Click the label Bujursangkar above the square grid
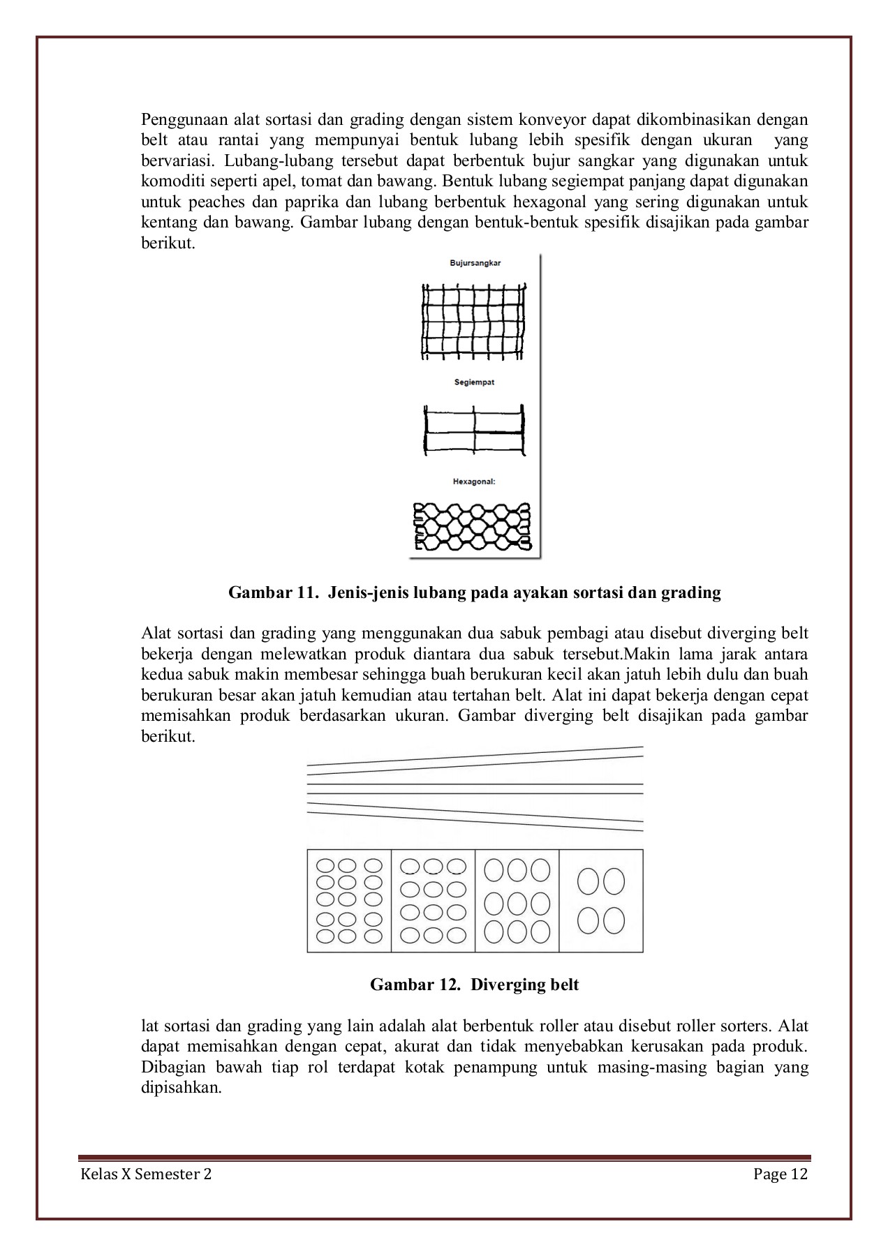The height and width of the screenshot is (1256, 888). point(475,263)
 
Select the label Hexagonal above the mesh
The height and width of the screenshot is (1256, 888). point(474,481)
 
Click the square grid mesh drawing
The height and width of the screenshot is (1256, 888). point(474,321)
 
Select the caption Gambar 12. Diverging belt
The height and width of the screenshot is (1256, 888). point(474,985)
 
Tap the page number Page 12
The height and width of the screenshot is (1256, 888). point(780,1174)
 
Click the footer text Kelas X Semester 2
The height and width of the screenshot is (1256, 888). point(146,1174)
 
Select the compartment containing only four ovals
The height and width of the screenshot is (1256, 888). point(601,901)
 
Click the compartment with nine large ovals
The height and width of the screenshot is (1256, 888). point(517,901)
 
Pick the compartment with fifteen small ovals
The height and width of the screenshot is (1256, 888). point(349,901)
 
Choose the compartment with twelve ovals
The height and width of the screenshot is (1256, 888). point(433,901)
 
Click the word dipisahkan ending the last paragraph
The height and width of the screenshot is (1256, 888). point(180,1088)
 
